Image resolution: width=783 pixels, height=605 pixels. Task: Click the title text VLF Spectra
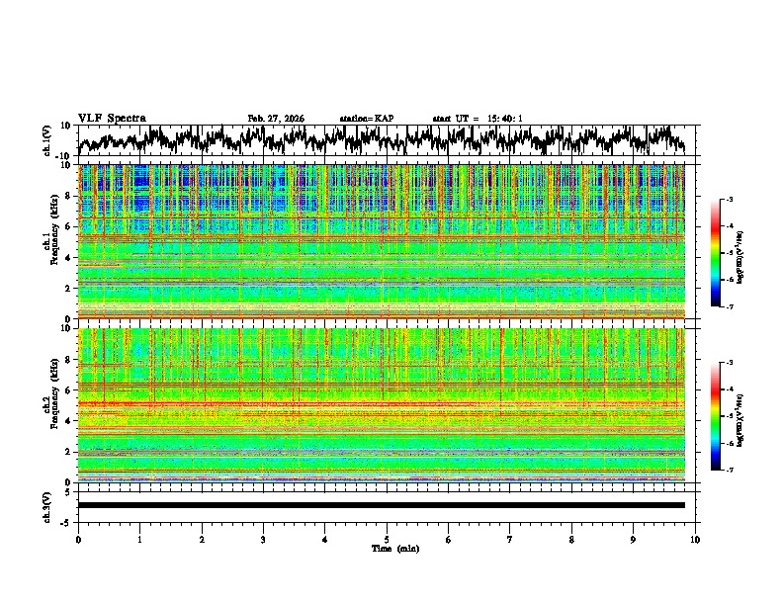pyautogui.click(x=112, y=118)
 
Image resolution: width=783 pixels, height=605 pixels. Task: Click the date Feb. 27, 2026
pyautogui.click(x=276, y=119)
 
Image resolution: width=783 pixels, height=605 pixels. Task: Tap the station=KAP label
pyautogui.click(x=366, y=119)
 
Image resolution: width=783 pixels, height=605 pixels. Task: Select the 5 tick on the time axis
pyautogui.click(x=387, y=539)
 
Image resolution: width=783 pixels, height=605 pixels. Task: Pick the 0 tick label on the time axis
pyautogui.click(x=78, y=539)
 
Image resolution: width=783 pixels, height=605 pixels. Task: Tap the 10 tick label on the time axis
pyautogui.click(x=695, y=539)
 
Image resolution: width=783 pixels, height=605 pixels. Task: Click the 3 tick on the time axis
pyautogui.click(x=263, y=539)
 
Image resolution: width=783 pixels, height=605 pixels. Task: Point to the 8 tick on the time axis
pyautogui.click(x=571, y=539)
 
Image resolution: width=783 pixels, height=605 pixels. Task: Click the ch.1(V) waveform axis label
pyautogui.click(x=46, y=140)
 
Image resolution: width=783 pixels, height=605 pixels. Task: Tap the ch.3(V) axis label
pyautogui.click(x=46, y=506)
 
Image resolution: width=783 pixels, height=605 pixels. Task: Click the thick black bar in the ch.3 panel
pyautogui.click(x=381, y=505)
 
